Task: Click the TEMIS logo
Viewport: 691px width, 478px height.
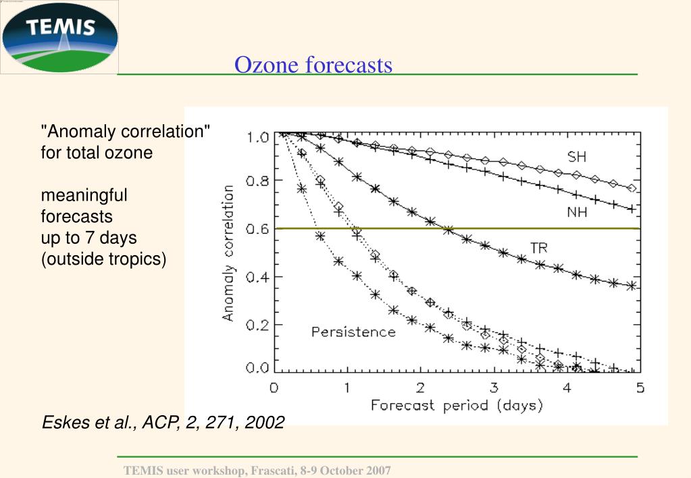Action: tap(59, 37)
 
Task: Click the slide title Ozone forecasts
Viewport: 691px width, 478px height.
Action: tap(313, 65)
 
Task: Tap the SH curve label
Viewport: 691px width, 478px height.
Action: tap(576, 157)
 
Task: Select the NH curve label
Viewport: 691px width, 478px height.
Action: tap(576, 212)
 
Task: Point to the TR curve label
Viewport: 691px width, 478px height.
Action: tap(539, 248)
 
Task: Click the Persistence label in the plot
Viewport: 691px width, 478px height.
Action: tap(353, 331)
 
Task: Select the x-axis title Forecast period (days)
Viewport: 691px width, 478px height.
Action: tap(457, 406)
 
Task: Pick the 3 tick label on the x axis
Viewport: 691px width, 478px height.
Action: tap(494, 388)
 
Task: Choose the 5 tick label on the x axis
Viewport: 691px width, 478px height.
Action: tap(640, 388)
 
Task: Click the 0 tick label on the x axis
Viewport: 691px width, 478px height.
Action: tap(274, 388)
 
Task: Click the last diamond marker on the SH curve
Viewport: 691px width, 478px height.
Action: tap(632, 188)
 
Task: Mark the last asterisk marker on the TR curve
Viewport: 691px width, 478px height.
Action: tap(632, 286)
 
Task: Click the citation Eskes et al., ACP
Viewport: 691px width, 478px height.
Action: tap(163, 423)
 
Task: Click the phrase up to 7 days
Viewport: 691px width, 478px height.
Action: tap(89, 238)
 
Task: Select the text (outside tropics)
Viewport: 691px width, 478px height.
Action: tap(103, 259)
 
